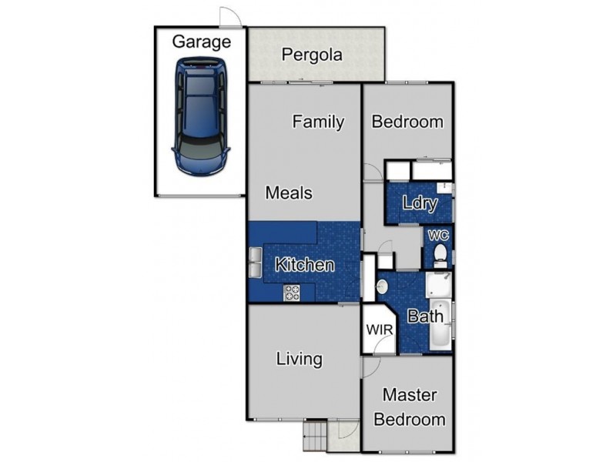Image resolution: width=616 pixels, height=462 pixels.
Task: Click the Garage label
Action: point(202,42)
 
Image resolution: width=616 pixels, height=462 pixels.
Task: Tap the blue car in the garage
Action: point(201,117)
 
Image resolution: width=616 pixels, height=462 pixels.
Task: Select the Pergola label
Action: point(312,55)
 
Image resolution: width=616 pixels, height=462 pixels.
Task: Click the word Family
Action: point(318,122)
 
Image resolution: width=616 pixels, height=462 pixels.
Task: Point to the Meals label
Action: point(290,193)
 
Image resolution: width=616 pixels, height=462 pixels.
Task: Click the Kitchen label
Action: point(305,265)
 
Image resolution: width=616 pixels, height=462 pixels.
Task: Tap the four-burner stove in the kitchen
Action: point(292,293)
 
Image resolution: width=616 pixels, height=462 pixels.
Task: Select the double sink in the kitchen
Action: point(256,263)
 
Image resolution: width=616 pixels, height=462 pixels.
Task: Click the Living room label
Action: point(300,360)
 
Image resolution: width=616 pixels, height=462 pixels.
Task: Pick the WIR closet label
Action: point(380,330)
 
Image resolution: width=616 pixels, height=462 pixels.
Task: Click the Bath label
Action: point(425,316)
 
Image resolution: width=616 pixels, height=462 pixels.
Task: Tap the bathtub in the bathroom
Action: point(440,324)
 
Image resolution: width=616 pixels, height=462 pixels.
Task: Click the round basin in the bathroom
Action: point(382,286)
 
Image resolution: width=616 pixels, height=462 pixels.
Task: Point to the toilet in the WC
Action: point(440,256)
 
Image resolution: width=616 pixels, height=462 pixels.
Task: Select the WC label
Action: point(438,236)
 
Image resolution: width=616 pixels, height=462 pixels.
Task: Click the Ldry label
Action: point(420,203)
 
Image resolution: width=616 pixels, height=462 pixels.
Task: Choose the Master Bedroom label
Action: point(410,407)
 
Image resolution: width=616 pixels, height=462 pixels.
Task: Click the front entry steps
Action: point(316,435)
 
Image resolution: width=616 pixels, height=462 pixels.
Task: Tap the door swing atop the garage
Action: point(229,17)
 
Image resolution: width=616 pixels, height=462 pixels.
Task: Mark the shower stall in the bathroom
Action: point(438,284)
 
